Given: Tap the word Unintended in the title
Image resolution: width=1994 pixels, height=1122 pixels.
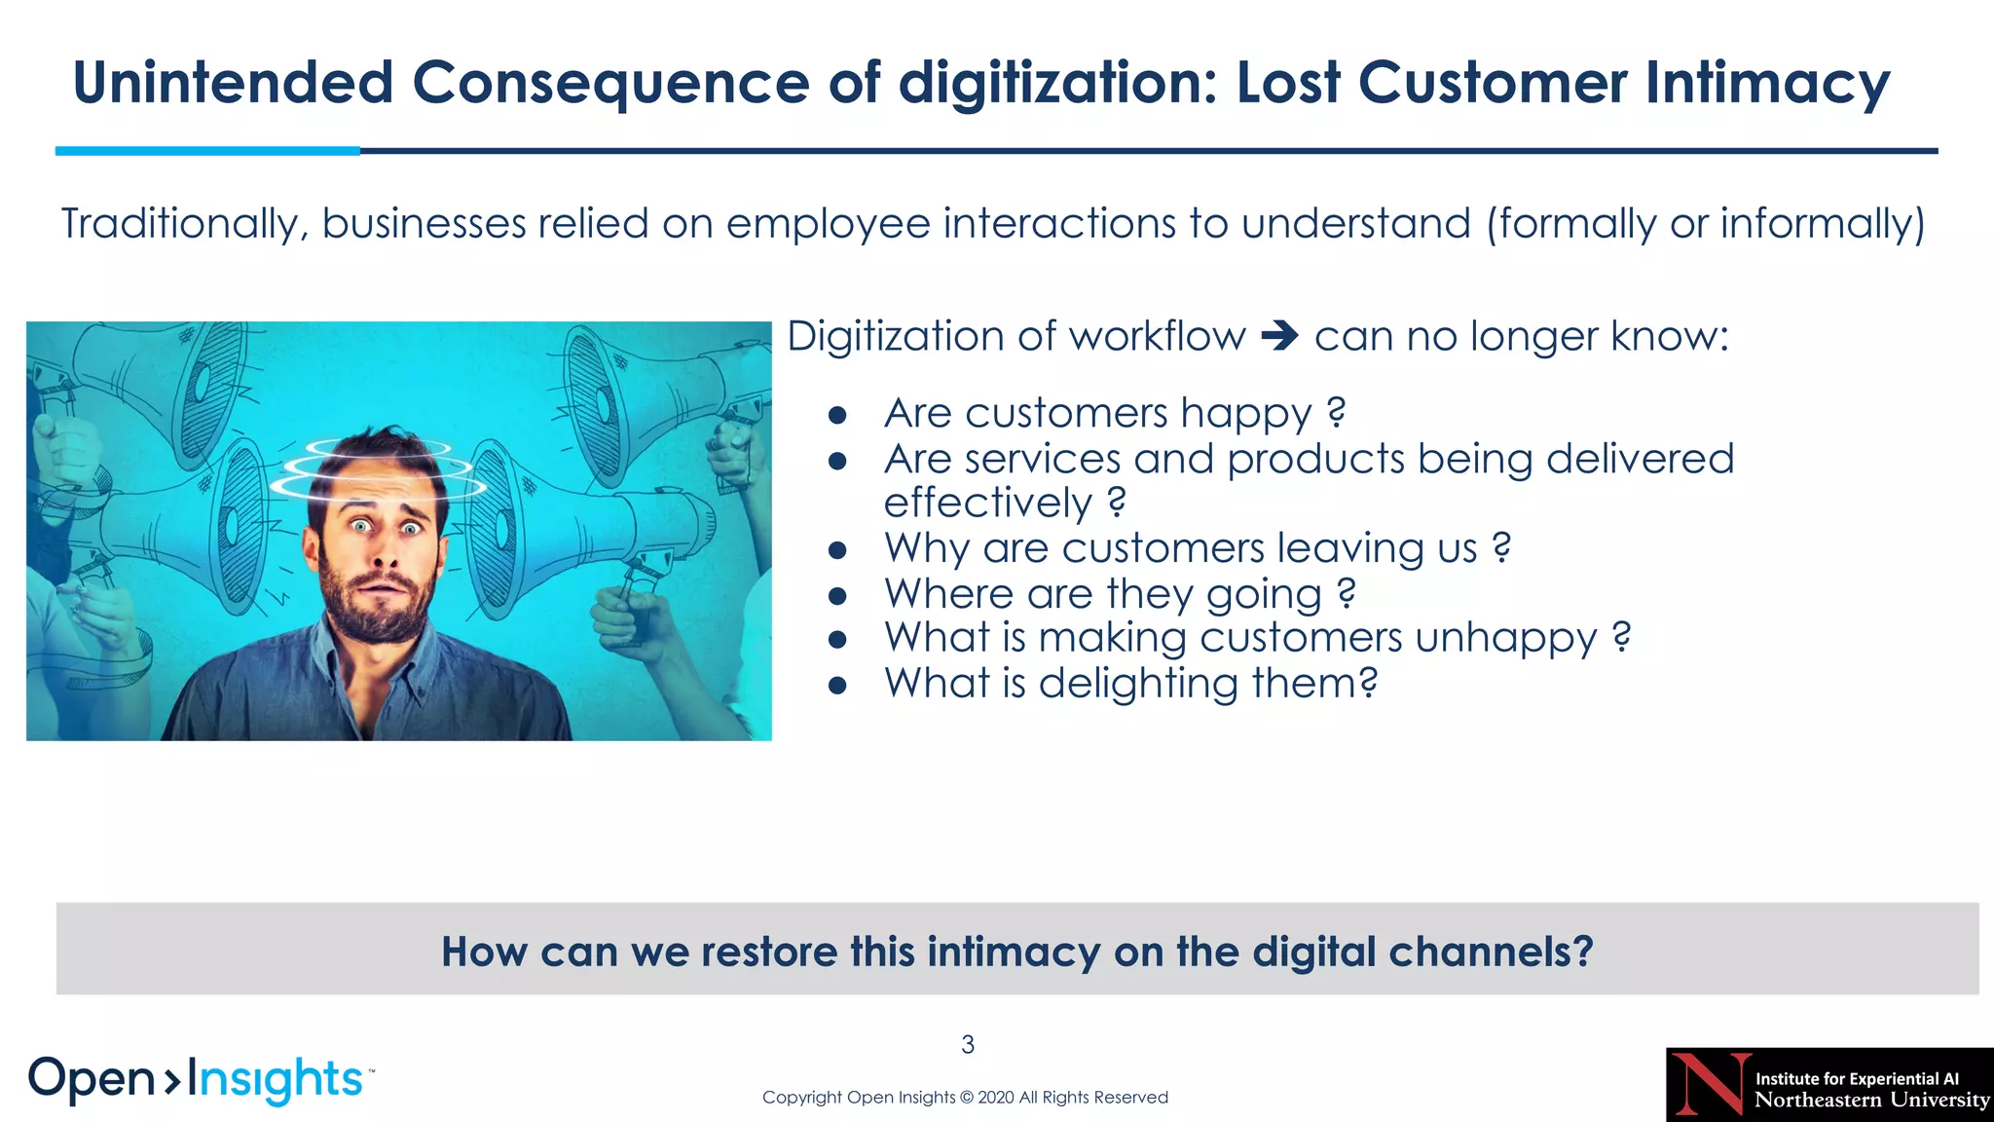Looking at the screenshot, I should click(x=233, y=83).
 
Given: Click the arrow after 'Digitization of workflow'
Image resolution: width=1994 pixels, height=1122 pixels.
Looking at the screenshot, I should click(x=1279, y=337).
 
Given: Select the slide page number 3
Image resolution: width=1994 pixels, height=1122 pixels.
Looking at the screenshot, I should click(x=968, y=1045).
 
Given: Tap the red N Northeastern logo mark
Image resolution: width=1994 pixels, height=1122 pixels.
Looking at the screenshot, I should click(x=1712, y=1084).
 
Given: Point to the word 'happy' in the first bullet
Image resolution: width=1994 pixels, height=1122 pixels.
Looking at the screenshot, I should click(x=1245, y=414).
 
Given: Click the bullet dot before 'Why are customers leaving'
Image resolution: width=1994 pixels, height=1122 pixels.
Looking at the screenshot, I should click(x=837, y=550).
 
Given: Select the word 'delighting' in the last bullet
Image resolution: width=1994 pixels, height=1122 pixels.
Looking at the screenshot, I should click(x=1138, y=683).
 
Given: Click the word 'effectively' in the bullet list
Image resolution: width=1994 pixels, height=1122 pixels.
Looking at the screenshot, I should click(x=987, y=504).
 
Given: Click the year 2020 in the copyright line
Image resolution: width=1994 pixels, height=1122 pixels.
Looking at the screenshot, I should click(x=995, y=1098).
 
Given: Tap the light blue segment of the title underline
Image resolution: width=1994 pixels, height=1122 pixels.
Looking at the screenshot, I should click(x=207, y=151).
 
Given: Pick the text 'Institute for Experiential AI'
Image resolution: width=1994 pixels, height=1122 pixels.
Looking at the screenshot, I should click(x=1857, y=1078).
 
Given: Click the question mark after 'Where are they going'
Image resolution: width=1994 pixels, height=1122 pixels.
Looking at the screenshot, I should click(x=1347, y=593).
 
